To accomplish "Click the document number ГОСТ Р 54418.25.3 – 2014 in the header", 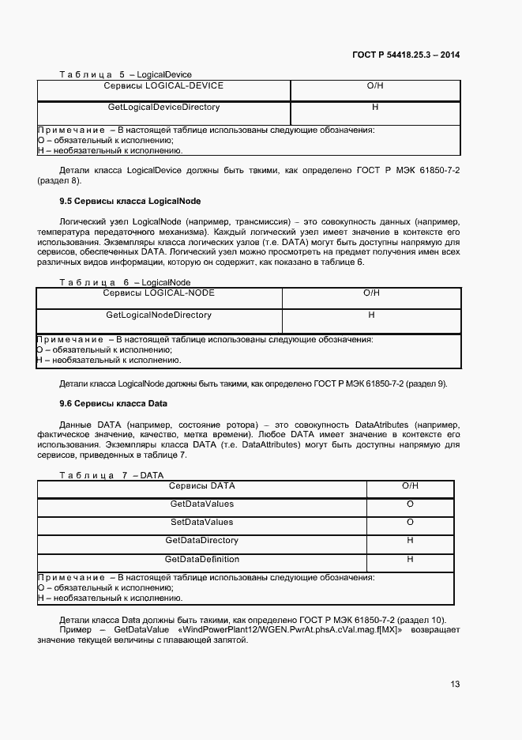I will click(406, 55).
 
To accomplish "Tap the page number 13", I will click(455, 684).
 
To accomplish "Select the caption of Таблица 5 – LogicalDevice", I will click(126, 74).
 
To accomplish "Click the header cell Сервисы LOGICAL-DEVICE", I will click(163, 85).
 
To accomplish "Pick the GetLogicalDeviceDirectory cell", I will click(163, 107).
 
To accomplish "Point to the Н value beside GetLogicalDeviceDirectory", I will click(375, 107).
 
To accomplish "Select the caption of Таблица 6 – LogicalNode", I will click(125, 282).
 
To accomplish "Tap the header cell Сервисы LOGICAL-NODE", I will click(159, 293).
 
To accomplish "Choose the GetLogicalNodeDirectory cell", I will click(159, 315).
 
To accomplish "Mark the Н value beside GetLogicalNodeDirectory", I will click(371, 315).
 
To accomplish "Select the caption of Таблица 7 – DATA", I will click(111, 475).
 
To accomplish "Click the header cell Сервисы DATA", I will click(202, 485).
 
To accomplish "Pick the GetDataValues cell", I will click(202, 504).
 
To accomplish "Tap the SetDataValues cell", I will click(202, 522).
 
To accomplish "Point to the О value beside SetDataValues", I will click(410, 522).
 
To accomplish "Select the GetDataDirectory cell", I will click(202, 541).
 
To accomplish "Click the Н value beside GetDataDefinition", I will click(410, 559).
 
